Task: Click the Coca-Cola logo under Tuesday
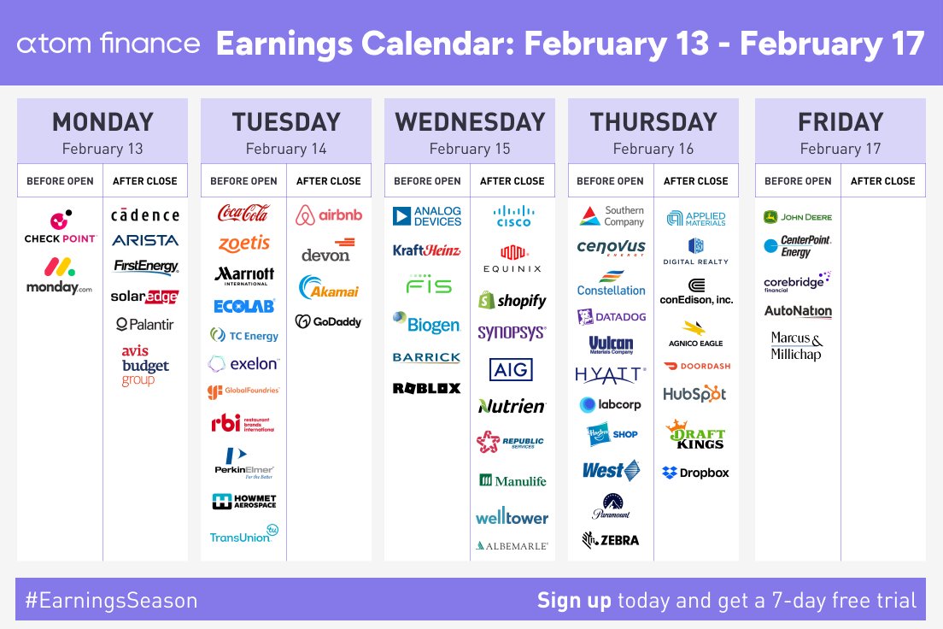point(243,213)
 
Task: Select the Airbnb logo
point(329,215)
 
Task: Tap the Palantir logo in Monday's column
point(145,325)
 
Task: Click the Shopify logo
point(512,301)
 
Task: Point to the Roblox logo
point(426,388)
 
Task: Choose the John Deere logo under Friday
point(798,217)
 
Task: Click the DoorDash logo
point(695,366)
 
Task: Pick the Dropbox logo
point(695,473)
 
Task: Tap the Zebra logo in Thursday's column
point(610,540)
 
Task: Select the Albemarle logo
point(512,545)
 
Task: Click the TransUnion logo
point(243,535)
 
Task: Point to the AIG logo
point(512,369)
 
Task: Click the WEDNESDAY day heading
point(470,122)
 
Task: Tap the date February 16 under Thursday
point(653,149)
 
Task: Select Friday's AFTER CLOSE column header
point(882,181)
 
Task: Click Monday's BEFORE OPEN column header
point(60,181)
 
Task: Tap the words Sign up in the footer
point(574,601)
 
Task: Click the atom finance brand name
point(108,44)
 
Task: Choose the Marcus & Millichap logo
point(797,346)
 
